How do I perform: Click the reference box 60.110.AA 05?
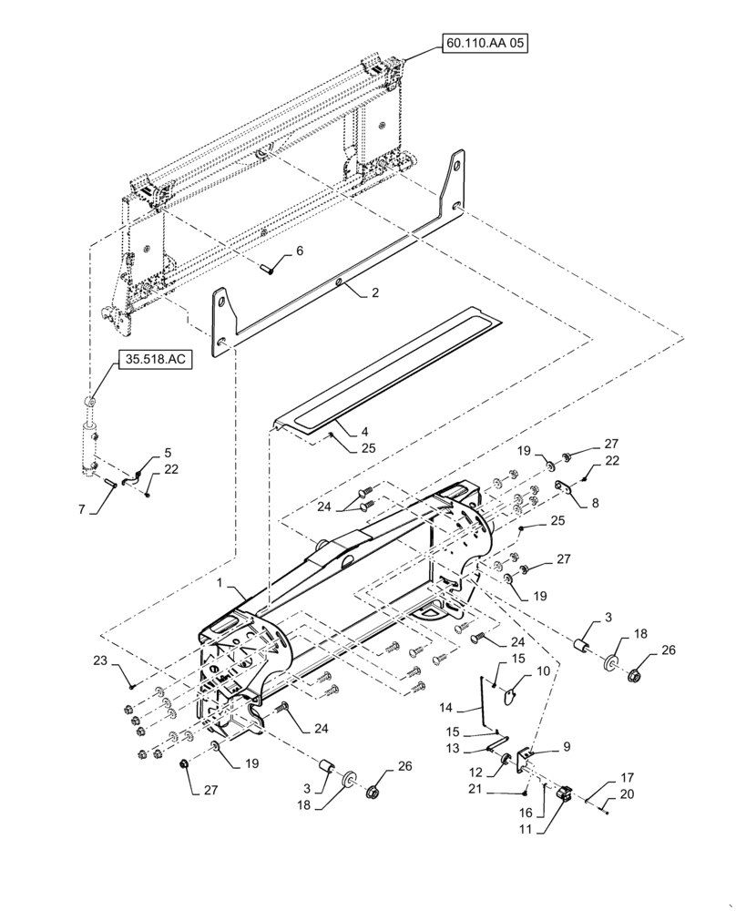486,44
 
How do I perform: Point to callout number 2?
374,294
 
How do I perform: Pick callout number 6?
300,251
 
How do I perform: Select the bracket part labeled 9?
525,757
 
